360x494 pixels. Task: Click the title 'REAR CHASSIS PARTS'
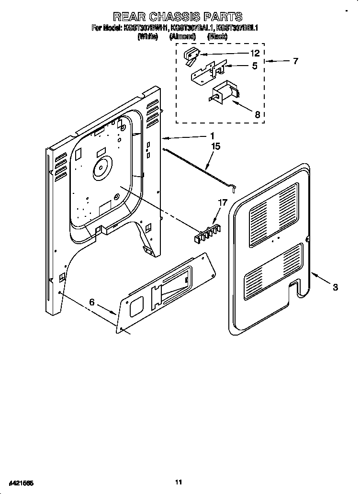pyautogui.click(x=177, y=18)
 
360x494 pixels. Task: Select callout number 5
pyautogui.click(x=255, y=66)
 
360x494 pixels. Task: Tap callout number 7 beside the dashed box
pyautogui.click(x=295, y=61)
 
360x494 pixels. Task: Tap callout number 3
pyautogui.click(x=335, y=287)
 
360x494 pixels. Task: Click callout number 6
pyautogui.click(x=92, y=302)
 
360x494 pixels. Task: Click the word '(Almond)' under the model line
pyautogui.click(x=182, y=36)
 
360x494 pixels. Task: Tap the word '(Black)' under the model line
pyautogui.click(x=217, y=36)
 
